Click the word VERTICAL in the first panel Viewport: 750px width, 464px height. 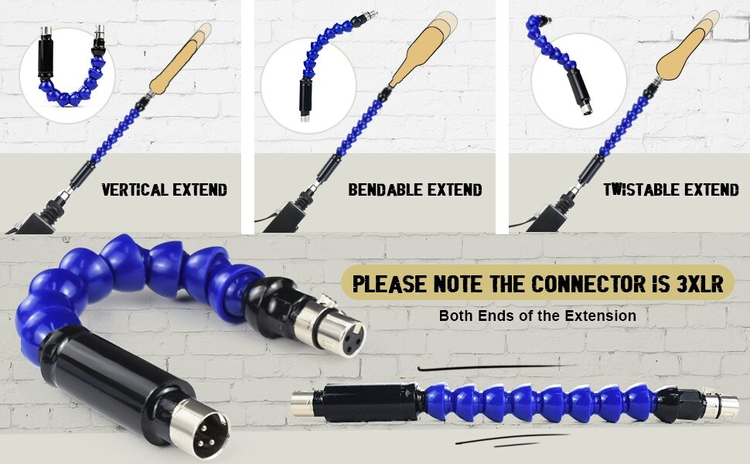pos(135,189)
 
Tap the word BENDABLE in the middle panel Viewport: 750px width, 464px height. pos(381,189)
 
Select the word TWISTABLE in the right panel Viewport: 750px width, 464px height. pos(637,189)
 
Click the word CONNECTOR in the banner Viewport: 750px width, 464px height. pos(592,283)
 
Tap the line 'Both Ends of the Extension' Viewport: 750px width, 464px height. pos(537,316)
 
